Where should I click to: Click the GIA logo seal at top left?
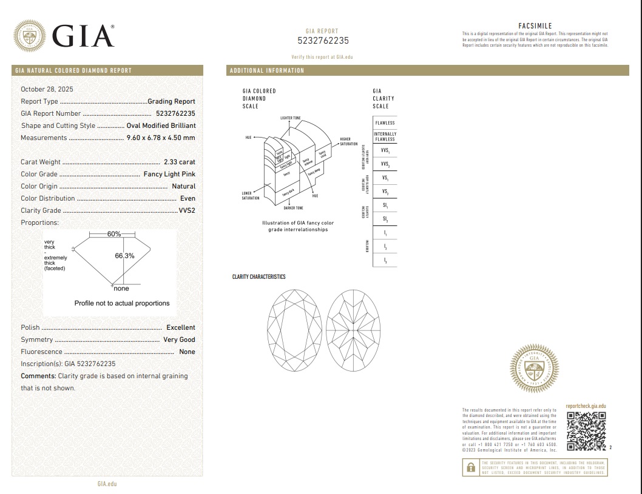tap(29, 36)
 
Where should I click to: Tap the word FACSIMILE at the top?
tap(535, 26)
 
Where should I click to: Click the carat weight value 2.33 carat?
tap(180, 162)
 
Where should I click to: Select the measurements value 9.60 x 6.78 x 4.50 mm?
tap(161, 138)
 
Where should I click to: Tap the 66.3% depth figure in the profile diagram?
tap(124, 256)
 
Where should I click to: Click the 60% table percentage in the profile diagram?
tap(114, 234)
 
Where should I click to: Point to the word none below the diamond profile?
tap(121, 289)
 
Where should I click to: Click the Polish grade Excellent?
tap(181, 327)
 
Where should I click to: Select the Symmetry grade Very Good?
tap(179, 339)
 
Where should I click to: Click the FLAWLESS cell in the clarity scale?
tap(385, 123)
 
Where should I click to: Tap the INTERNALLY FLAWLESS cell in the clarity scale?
tap(385, 136)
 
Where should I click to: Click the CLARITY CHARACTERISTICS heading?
tap(258, 277)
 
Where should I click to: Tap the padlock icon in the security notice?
tap(470, 467)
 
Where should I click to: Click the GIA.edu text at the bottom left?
tap(107, 484)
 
